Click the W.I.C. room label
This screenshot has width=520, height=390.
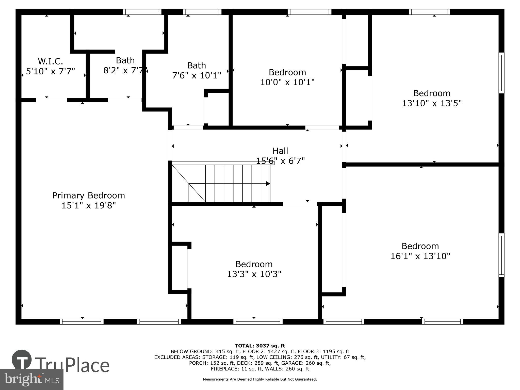click(50, 61)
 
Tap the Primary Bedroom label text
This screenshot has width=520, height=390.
click(89, 196)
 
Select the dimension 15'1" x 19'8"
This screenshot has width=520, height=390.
click(89, 205)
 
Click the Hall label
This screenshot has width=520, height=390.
click(280, 151)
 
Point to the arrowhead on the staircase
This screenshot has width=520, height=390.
click(268, 184)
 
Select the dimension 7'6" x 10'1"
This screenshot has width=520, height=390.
click(197, 75)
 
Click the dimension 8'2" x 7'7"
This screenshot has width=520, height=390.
click(124, 70)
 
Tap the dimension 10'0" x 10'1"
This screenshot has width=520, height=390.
click(287, 82)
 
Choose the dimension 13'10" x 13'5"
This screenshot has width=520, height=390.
click(432, 103)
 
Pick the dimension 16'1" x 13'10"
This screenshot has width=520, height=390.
click(420, 256)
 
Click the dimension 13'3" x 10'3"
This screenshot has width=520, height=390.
click(254, 274)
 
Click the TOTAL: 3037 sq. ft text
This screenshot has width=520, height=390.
click(260, 346)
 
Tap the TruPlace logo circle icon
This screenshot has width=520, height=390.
click(22, 360)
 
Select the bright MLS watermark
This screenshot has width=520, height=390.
click(32, 380)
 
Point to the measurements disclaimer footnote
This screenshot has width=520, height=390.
click(260, 379)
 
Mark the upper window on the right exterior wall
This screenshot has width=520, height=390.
click(501, 73)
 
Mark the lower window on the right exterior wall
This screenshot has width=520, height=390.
click(501, 255)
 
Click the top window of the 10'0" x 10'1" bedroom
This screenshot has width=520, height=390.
click(309, 12)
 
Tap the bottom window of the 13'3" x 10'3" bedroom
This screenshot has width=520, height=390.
click(258, 322)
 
